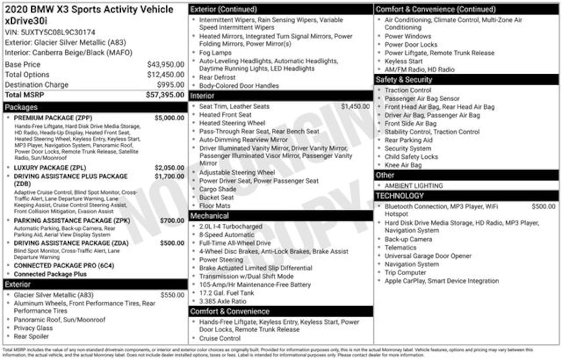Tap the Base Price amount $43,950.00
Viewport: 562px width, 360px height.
(165, 64)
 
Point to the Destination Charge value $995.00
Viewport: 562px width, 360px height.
(171, 85)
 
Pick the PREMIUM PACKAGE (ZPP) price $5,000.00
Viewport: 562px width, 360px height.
(170, 118)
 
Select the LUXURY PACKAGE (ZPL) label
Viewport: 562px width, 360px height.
(49, 168)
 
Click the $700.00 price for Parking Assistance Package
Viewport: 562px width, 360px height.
(173, 221)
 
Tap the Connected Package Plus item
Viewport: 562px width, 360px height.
(50, 274)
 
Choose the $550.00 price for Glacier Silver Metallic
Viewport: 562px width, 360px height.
(173, 295)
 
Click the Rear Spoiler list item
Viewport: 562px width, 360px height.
(31, 336)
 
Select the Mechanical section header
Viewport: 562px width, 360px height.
(209, 216)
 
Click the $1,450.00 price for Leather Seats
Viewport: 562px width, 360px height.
(355, 106)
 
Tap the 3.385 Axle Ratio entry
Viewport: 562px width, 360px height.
(223, 301)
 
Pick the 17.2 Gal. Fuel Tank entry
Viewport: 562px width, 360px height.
(227, 293)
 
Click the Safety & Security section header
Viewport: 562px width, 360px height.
(404, 80)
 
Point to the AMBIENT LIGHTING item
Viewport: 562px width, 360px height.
(413, 185)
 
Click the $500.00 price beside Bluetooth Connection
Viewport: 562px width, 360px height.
(543, 206)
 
